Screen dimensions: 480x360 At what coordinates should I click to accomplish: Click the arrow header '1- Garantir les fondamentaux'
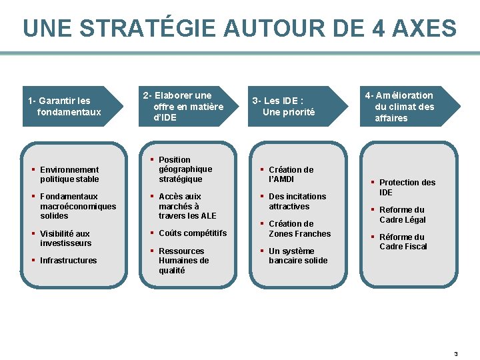(x=67, y=107)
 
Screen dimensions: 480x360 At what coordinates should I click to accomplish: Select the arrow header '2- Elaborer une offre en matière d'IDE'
(x=183, y=107)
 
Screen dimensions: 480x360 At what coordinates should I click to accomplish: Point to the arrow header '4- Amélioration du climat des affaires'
(x=404, y=107)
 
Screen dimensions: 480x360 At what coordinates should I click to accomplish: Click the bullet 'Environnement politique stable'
(x=69, y=175)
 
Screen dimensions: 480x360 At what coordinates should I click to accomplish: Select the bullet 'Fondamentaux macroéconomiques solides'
(x=77, y=206)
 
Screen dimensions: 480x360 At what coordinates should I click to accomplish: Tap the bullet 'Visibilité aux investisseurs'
(x=65, y=238)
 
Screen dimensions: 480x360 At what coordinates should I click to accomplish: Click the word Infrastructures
(x=68, y=261)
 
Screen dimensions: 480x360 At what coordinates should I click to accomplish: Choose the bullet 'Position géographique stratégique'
(x=185, y=169)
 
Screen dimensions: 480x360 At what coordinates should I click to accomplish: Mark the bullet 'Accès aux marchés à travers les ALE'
(x=187, y=206)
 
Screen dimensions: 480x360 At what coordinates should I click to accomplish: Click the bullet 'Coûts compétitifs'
(x=192, y=233)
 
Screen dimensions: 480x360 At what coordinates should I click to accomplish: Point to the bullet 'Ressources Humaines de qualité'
(x=183, y=261)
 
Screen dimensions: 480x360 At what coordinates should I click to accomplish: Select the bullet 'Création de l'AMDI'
(x=291, y=175)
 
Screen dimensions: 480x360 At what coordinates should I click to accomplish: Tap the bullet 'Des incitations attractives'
(x=297, y=201)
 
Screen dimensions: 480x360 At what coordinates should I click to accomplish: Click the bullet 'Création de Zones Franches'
(x=299, y=229)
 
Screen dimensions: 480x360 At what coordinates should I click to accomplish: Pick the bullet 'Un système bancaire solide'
(x=298, y=256)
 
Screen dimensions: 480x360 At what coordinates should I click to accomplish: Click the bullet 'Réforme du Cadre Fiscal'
(x=403, y=241)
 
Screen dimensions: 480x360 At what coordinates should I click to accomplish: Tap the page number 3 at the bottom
(x=456, y=354)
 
